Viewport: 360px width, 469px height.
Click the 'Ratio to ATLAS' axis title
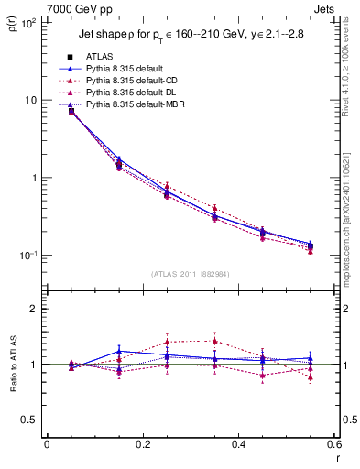click(12, 365)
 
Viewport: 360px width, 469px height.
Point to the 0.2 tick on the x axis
click(142, 444)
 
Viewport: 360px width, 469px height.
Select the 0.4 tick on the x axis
click(238, 444)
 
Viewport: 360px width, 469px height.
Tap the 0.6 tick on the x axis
click(333, 444)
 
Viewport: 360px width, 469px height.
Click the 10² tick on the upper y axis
click(28, 23)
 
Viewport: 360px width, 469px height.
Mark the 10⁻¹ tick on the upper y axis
click(28, 256)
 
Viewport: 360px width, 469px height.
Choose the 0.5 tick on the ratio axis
click(29, 420)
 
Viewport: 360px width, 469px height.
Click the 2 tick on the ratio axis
click(33, 310)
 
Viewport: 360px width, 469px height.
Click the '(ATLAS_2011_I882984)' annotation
click(190, 273)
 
